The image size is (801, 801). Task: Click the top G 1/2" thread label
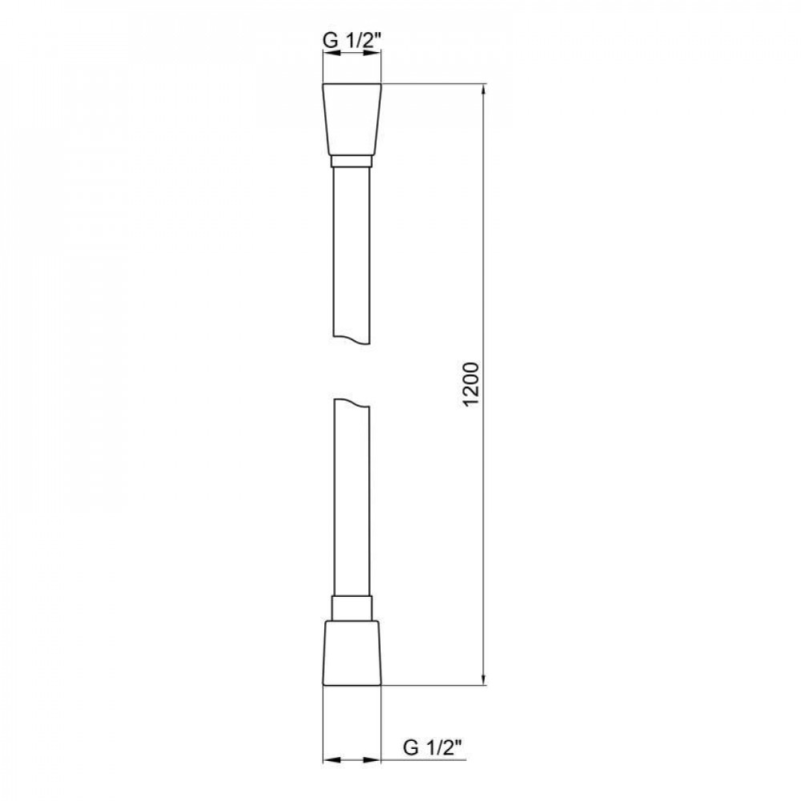coord(352,38)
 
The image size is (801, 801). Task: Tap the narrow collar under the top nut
coord(352,161)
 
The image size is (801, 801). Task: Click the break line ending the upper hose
coord(352,338)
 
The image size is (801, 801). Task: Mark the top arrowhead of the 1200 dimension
coord(485,90)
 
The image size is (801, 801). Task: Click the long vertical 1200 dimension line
coord(485,240)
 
